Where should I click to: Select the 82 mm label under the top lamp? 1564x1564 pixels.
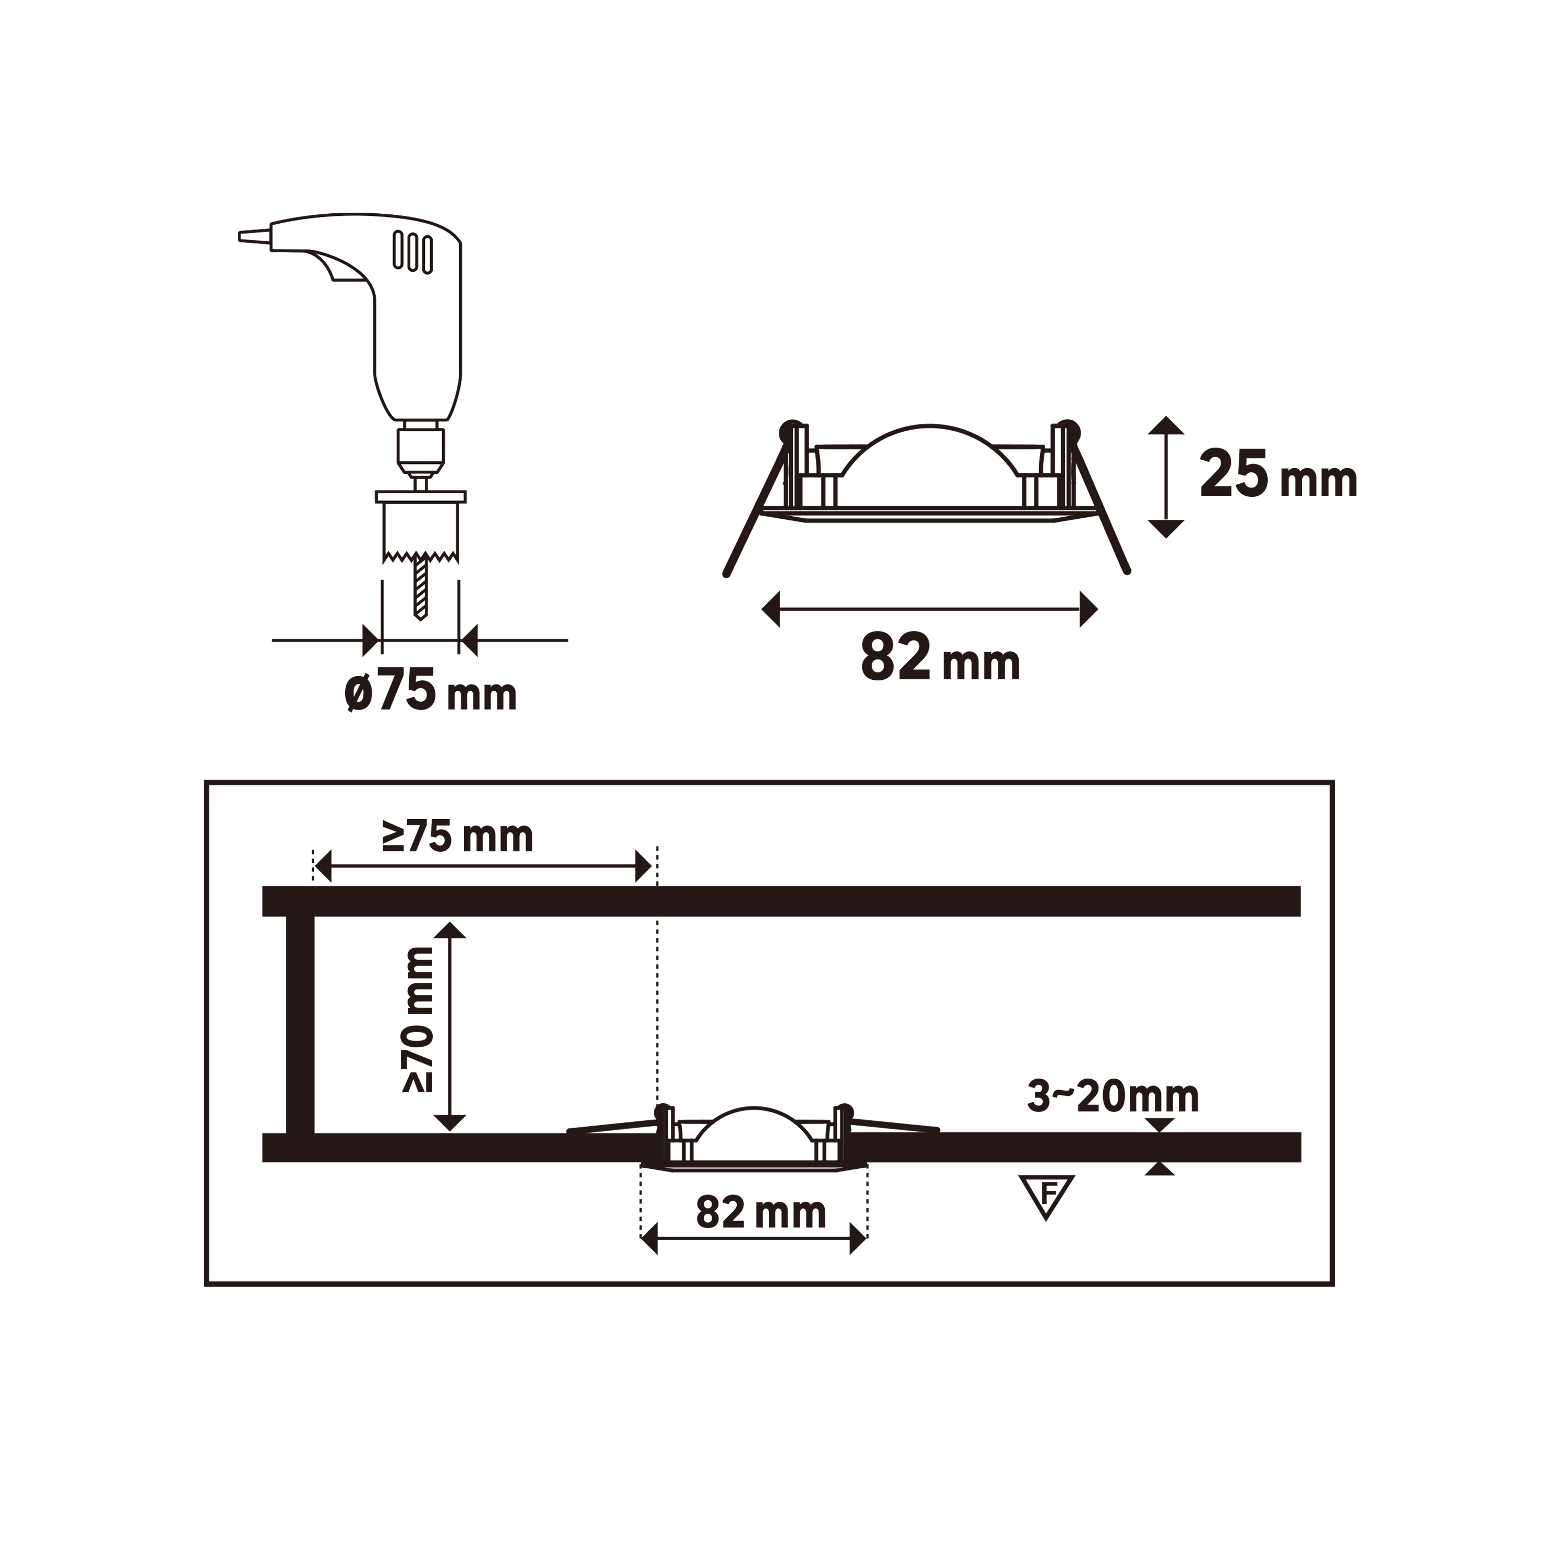click(940, 657)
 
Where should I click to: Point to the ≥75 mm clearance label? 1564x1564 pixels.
click(457, 837)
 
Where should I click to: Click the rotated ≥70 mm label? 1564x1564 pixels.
click(419, 1020)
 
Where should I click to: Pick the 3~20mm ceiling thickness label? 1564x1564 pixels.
click(1113, 1097)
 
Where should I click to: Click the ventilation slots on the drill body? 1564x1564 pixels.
click(413, 251)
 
